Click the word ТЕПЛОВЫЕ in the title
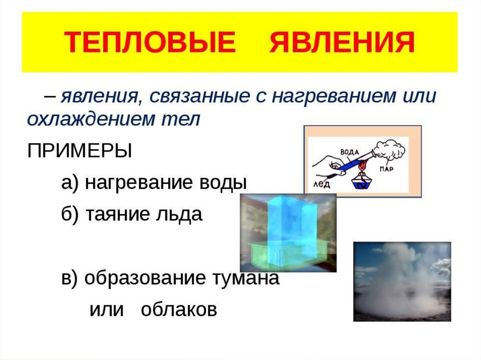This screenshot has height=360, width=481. [150, 42]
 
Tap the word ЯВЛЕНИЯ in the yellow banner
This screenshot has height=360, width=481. [342, 42]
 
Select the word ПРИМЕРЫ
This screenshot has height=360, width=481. [80, 151]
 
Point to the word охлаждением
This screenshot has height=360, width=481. [91, 119]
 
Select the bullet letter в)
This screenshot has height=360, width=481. [70, 278]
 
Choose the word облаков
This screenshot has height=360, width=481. [179, 309]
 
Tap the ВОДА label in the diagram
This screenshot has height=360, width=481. [349, 152]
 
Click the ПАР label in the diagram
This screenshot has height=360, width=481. [386, 169]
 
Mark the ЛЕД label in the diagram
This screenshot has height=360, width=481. [321, 184]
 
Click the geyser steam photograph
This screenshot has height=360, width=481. [402, 282]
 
